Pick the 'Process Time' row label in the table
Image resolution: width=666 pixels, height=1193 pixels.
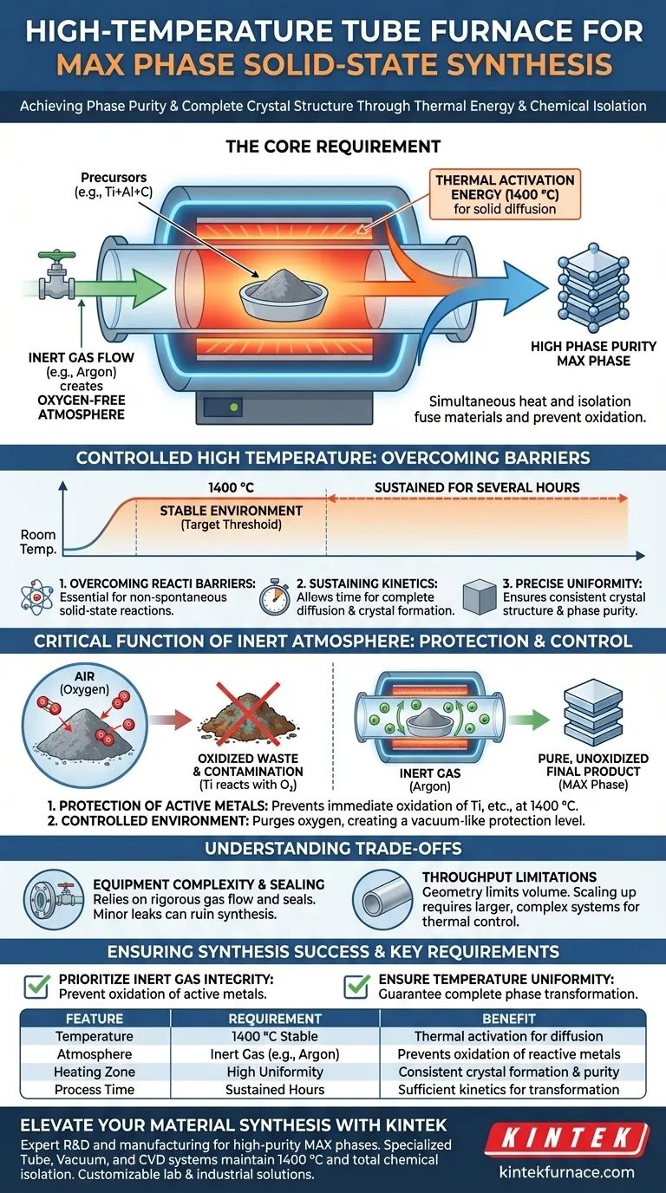coord(95,1089)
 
